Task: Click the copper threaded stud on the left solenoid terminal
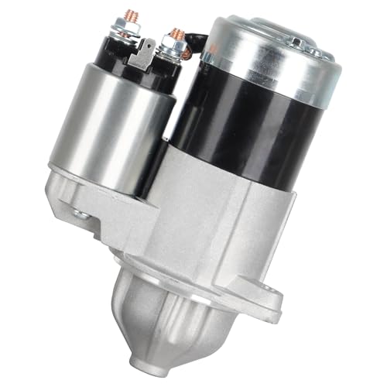point(124,15)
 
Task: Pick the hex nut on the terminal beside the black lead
point(174,49)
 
